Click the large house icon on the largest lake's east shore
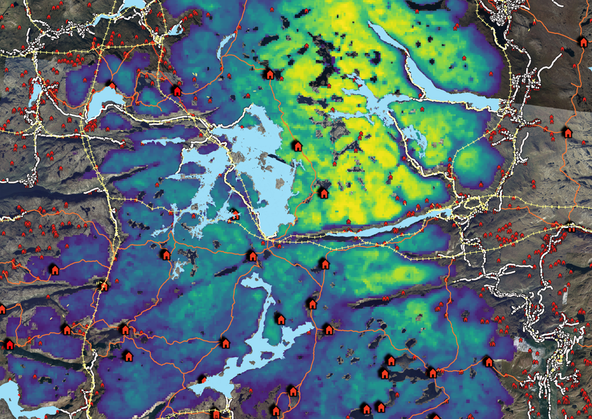point(297,146)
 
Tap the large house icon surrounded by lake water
point(234,214)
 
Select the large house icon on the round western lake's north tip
point(111,84)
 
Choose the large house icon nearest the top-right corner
point(582,41)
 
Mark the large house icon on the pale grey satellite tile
point(567,132)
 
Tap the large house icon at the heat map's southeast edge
point(488,362)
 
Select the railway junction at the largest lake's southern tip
point(267,240)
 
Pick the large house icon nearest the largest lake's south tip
point(252,256)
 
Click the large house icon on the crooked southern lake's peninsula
point(280,319)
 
